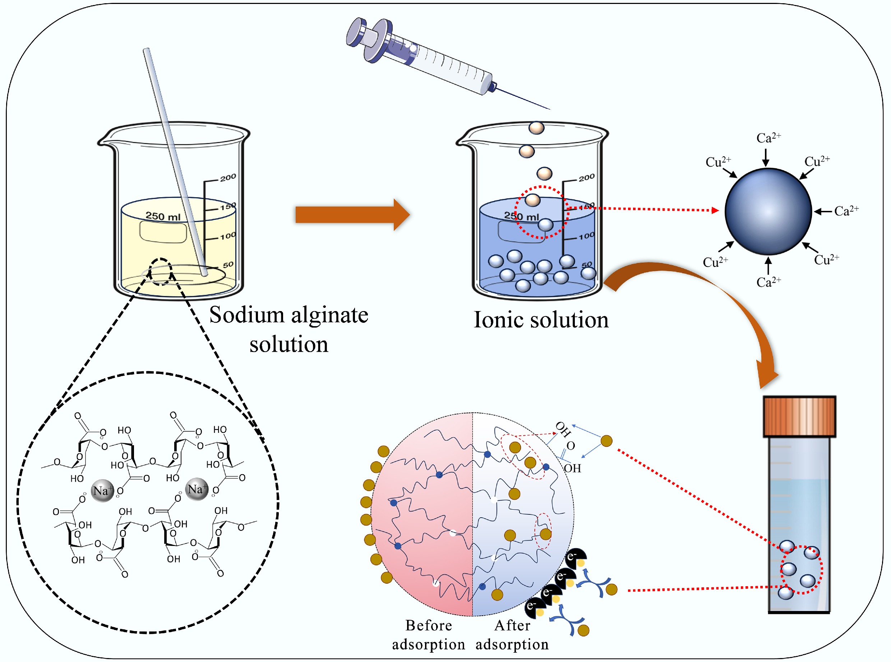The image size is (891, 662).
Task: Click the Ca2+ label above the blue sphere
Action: [x=768, y=138]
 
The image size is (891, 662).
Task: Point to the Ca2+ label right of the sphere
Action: [x=846, y=211]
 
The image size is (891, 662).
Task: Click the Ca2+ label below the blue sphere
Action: [x=768, y=282]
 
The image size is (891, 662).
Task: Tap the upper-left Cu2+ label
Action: [x=718, y=162]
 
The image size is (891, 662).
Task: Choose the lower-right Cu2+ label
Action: [x=826, y=260]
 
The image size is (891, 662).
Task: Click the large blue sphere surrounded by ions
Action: [x=768, y=212]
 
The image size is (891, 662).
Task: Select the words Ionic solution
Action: [x=541, y=320]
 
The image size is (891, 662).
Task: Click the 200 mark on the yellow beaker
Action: [x=228, y=177]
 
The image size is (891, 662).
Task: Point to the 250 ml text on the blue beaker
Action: [x=521, y=216]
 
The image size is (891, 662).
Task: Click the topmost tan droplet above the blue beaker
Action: [x=536, y=128]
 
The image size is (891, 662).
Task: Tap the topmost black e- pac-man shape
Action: [x=576, y=557]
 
